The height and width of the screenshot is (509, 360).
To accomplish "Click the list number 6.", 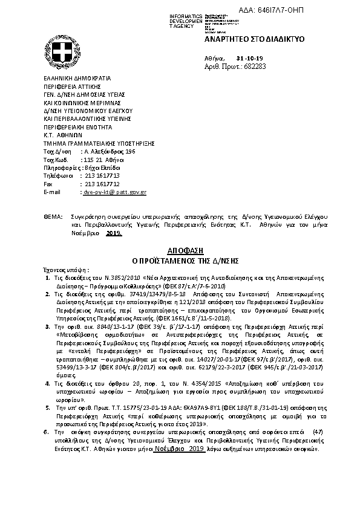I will click(47, 433).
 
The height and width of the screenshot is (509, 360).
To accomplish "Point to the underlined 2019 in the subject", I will click(114, 232).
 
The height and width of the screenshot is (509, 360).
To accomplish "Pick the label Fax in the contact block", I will click(49, 183).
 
